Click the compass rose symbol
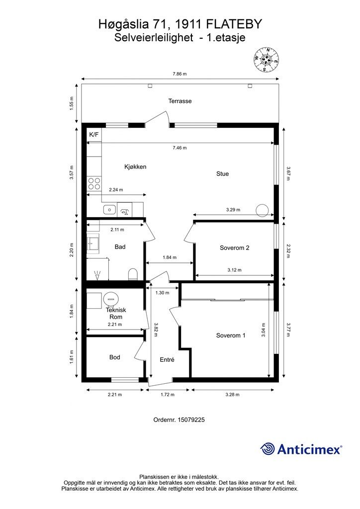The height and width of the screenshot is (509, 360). click(x=266, y=60)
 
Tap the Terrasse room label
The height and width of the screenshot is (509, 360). click(x=180, y=101)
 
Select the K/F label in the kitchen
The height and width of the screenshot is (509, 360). click(x=94, y=135)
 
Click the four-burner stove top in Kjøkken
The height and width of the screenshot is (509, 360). click(x=94, y=183)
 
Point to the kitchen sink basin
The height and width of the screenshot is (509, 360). click(x=110, y=210)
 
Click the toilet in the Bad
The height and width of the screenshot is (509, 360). click(x=133, y=274)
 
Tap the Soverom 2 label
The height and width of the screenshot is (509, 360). click(x=234, y=248)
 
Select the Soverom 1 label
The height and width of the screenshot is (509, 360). click(x=231, y=336)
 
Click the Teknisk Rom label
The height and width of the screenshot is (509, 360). click(x=116, y=313)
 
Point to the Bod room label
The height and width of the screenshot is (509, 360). click(x=114, y=357)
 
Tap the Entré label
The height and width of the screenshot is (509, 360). click(x=167, y=360)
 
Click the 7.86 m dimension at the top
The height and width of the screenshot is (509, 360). click(x=180, y=74)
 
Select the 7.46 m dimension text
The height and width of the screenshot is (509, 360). click(x=180, y=148)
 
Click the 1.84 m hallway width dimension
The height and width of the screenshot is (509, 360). click(x=170, y=257)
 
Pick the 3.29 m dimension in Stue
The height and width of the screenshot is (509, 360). click(x=233, y=210)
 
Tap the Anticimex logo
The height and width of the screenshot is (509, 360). click(x=301, y=449)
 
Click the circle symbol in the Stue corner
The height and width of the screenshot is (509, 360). click(x=262, y=211)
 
